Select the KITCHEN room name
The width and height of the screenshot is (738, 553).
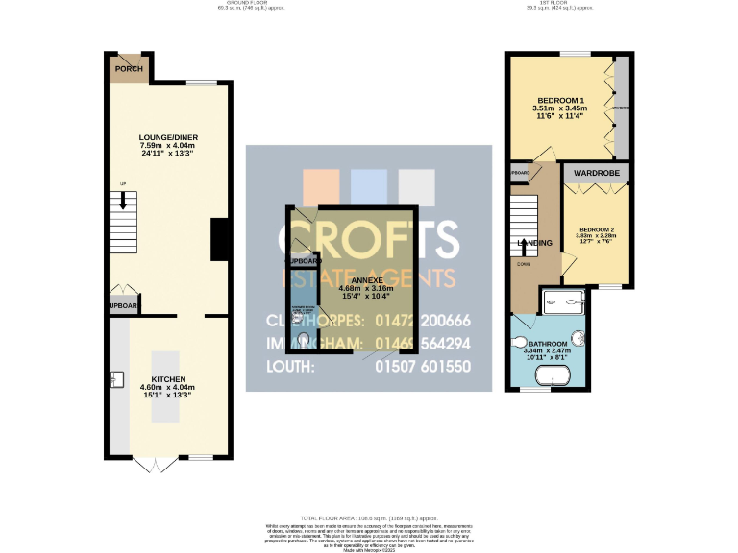click(x=168, y=379)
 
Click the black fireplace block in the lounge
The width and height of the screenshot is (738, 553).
click(x=219, y=239)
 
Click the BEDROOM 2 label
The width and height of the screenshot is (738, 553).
click(x=596, y=230)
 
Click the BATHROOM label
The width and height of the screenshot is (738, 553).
click(x=547, y=344)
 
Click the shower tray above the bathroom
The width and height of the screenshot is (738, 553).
click(x=564, y=302)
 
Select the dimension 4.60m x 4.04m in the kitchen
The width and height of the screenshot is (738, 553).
click(x=168, y=387)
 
